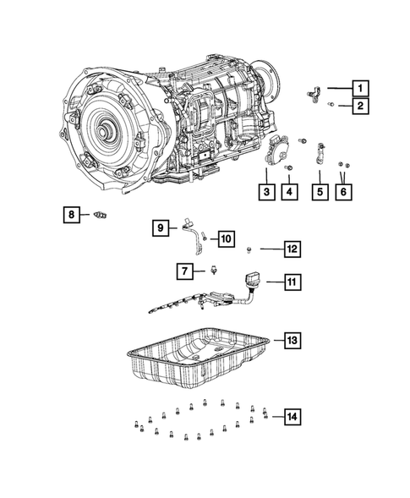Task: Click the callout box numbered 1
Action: point(360,87)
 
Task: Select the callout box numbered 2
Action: point(360,106)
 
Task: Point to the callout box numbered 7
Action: point(183,271)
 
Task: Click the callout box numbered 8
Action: point(73,216)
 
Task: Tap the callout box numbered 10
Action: point(227,239)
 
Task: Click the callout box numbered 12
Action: point(290,249)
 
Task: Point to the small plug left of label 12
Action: point(250,249)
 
